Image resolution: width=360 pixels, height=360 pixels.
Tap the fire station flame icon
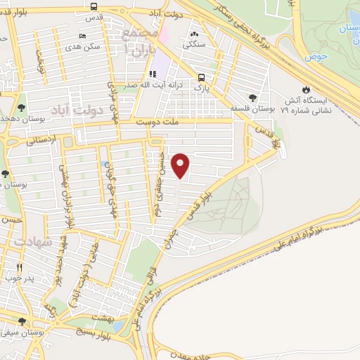[305, 89]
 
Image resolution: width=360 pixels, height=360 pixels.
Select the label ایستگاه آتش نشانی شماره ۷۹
[305, 105]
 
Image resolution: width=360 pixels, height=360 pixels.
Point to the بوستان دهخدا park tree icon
[22, 108]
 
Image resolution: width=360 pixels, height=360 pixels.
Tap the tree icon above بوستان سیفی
[22, 321]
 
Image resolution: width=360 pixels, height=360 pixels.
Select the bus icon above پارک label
[202, 78]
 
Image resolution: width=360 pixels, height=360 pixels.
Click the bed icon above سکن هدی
[83, 36]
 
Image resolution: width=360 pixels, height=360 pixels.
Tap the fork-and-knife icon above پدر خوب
[19, 267]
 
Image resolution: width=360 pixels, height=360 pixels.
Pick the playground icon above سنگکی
[194, 34]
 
